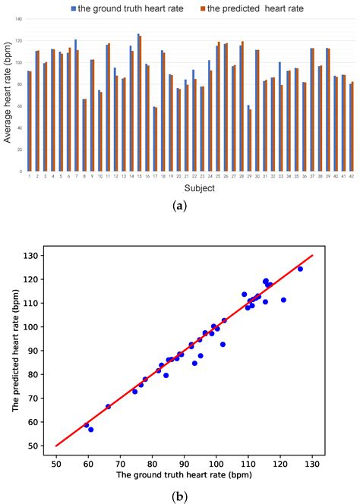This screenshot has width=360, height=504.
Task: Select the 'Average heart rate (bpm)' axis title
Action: click(x=8, y=94)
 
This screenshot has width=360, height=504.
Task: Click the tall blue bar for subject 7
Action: click(x=75, y=106)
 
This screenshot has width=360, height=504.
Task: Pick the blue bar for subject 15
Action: click(x=138, y=102)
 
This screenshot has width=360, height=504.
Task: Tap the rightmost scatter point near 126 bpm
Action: click(x=300, y=269)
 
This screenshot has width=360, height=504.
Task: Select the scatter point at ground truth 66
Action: click(x=108, y=406)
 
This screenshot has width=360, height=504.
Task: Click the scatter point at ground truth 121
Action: click(x=283, y=300)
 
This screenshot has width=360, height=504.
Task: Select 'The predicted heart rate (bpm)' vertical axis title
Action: click(x=14, y=351)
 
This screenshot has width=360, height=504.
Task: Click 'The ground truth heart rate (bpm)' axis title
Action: click(x=185, y=476)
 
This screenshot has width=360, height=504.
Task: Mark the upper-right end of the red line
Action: click(x=312, y=255)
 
